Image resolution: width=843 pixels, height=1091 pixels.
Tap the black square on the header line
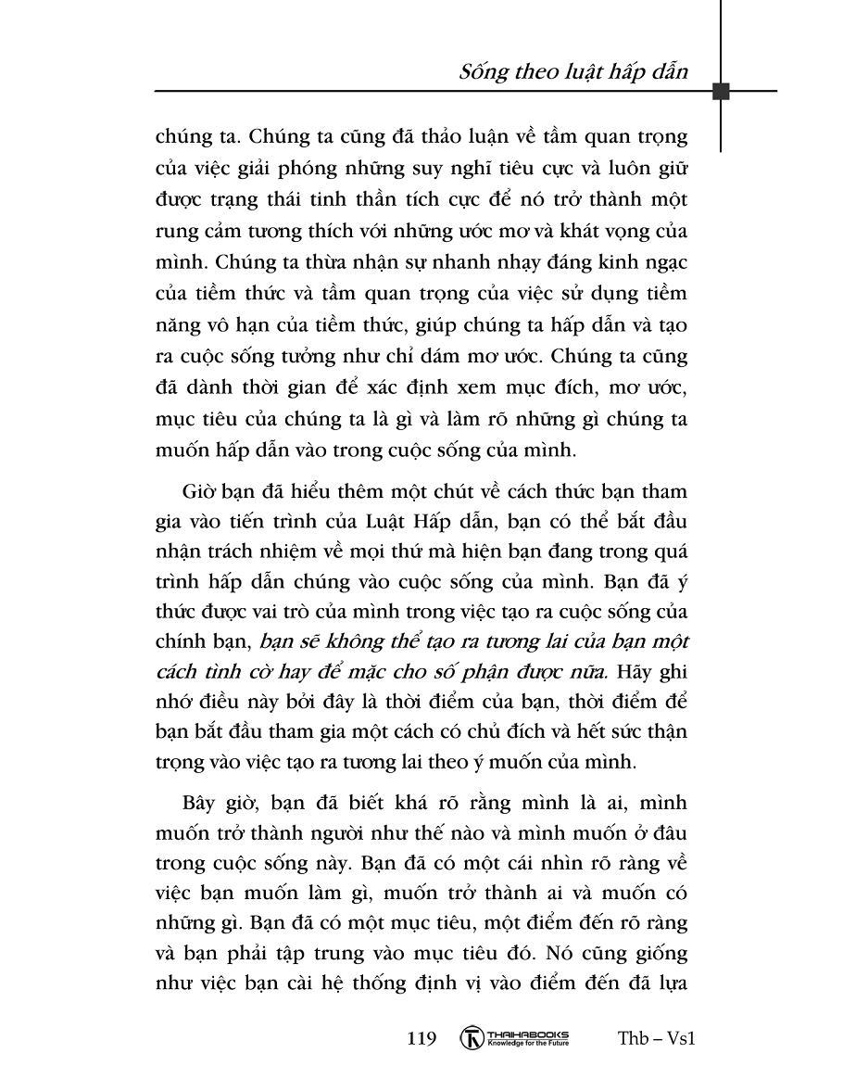tap(721, 91)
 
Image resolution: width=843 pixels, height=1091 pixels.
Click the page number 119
tap(421, 1038)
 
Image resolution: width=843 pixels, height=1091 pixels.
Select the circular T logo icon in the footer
tap(473, 1038)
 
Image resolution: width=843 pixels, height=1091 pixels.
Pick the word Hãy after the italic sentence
tap(635, 671)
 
